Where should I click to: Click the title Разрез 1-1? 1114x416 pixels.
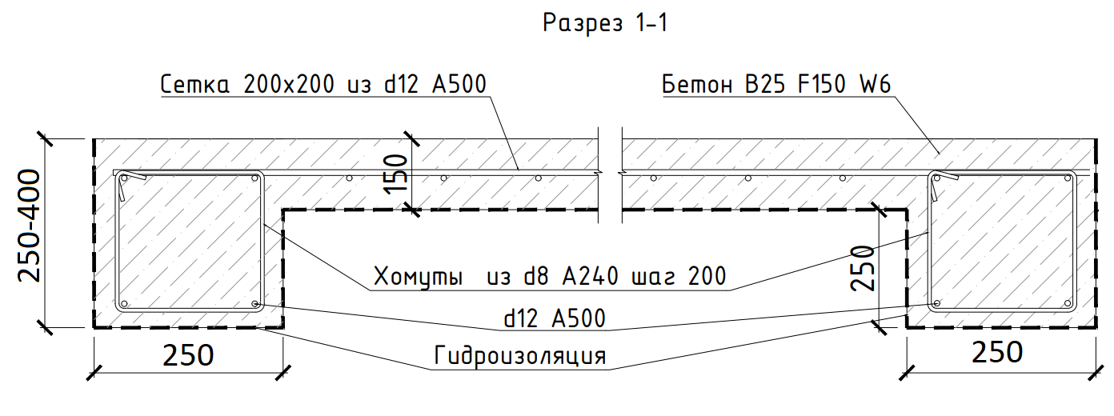coord(605,23)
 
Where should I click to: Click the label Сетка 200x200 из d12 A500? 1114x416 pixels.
coord(323,84)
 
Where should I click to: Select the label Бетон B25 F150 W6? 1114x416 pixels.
coord(776,85)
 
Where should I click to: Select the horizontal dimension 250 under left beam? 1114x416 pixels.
coord(189,354)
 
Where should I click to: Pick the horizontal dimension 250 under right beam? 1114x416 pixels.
coord(997,353)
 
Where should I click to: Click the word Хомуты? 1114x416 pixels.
coord(419,278)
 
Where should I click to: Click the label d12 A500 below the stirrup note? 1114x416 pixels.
coord(554,318)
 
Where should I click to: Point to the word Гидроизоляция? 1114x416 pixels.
coord(519,355)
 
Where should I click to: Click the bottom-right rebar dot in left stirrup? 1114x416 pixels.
coord(254,304)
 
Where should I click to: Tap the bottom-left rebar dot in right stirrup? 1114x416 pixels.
coord(936,304)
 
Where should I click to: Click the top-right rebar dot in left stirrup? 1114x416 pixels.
coord(255,178)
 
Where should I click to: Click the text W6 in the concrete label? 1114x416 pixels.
coord(875,85)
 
